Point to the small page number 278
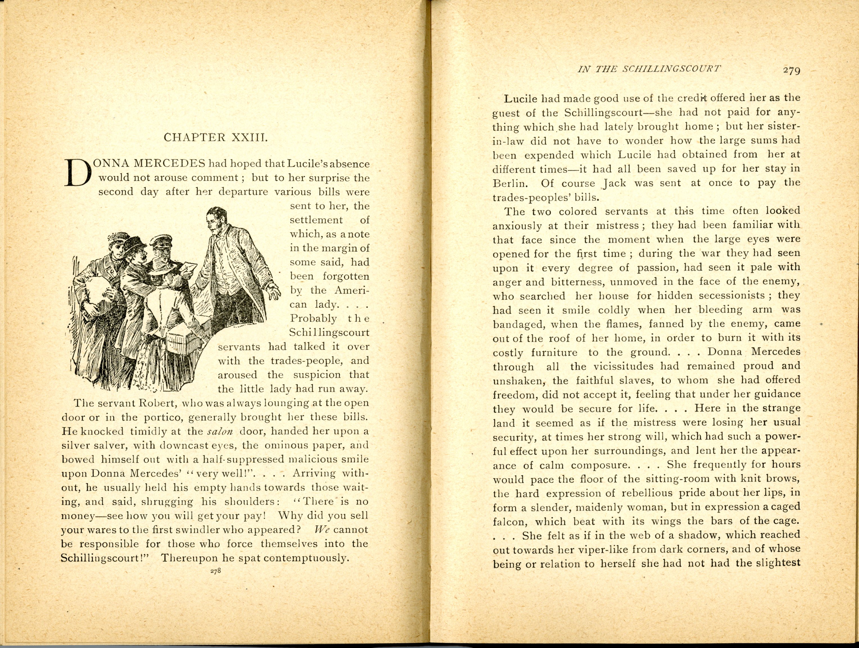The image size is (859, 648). (215, 571)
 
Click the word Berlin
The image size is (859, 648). (508, 183)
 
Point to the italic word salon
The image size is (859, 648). (220, 431)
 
